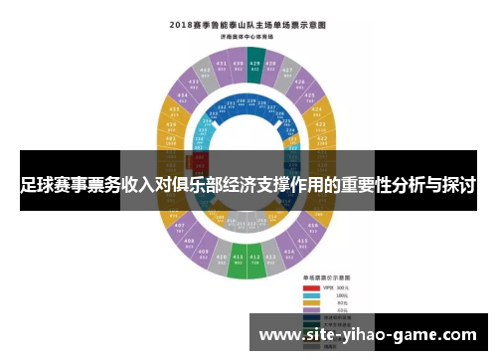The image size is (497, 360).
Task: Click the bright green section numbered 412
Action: [255, 266]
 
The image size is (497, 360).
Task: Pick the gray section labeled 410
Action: [221, 262]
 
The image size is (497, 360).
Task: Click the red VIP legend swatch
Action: [311, 287]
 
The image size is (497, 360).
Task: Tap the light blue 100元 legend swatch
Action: [311, 295]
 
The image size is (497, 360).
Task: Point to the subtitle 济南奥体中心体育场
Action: [248, 37]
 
